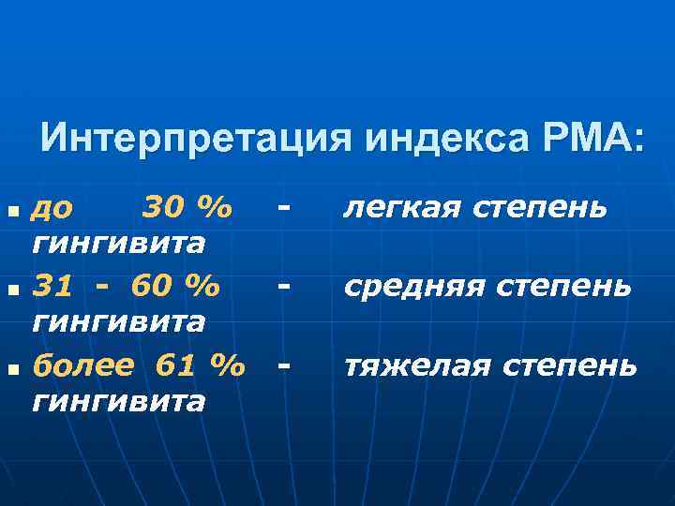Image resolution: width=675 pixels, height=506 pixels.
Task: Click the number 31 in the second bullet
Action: (x=51, y=283)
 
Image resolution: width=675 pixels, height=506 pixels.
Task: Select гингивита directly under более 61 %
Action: (x=118, y=402)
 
